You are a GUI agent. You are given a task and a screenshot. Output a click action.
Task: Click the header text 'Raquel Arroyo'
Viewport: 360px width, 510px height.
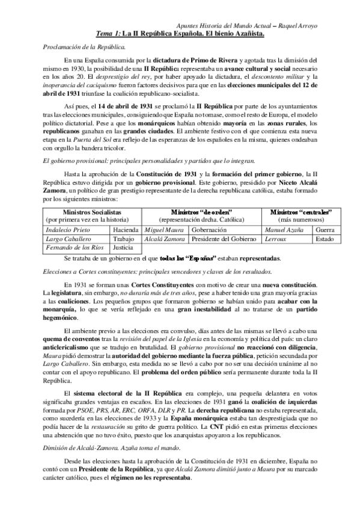point(326,25)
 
